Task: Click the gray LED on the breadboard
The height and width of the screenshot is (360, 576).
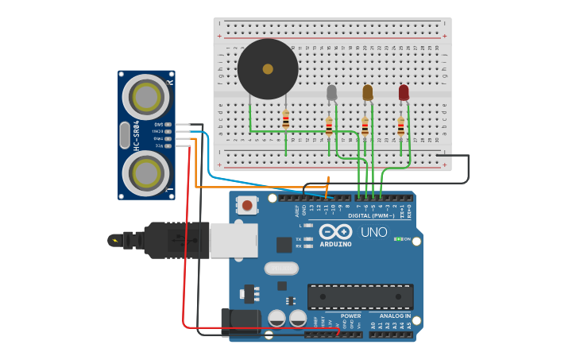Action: click(x=332, y=93)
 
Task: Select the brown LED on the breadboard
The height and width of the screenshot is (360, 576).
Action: click(x=367, y=93)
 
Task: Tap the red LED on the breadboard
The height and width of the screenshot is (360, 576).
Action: click(x=404, y=93)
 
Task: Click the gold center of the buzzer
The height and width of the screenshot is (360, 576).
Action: click(x=268, y=69)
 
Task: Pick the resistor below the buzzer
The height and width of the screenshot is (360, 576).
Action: click(x=286, y=120)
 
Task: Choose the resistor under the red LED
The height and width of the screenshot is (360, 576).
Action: click(x=401, y=126)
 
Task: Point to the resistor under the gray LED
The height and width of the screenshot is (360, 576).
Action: click(x=329, y=126)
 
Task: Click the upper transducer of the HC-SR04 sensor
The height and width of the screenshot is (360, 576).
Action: click(x=145, y=98)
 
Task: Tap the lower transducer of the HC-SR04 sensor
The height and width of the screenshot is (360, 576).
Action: click(x=145, y=172)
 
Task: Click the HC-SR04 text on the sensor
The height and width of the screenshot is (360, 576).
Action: click(x=137, y=135)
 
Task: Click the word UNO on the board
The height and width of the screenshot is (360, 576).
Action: click(x=373, y=233)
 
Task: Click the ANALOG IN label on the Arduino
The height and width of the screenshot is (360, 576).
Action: click(x=389, y=315)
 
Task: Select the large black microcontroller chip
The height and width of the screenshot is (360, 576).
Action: click(x=360, y=296)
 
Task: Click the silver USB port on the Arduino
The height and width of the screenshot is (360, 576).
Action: click(x=234, y=240)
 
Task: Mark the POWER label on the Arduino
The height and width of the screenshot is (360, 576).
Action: click(x=350, y=315)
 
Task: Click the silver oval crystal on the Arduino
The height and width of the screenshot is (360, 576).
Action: click(x=280, y=269)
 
